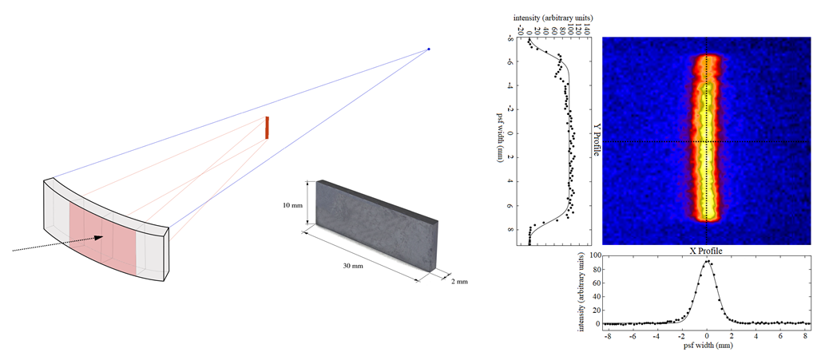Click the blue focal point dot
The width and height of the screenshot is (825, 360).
tap(428, 49)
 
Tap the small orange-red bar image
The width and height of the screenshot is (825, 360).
tap(267, 128)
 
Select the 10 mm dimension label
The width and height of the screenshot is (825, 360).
tap(292, 205)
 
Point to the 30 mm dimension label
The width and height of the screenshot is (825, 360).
tap(353, 266)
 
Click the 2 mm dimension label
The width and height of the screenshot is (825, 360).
tap(459, 282)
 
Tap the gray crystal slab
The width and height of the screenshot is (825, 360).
tap(376, 224)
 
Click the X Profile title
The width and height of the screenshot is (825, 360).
tap(705, 251)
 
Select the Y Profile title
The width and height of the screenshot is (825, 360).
tap(597, 140)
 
